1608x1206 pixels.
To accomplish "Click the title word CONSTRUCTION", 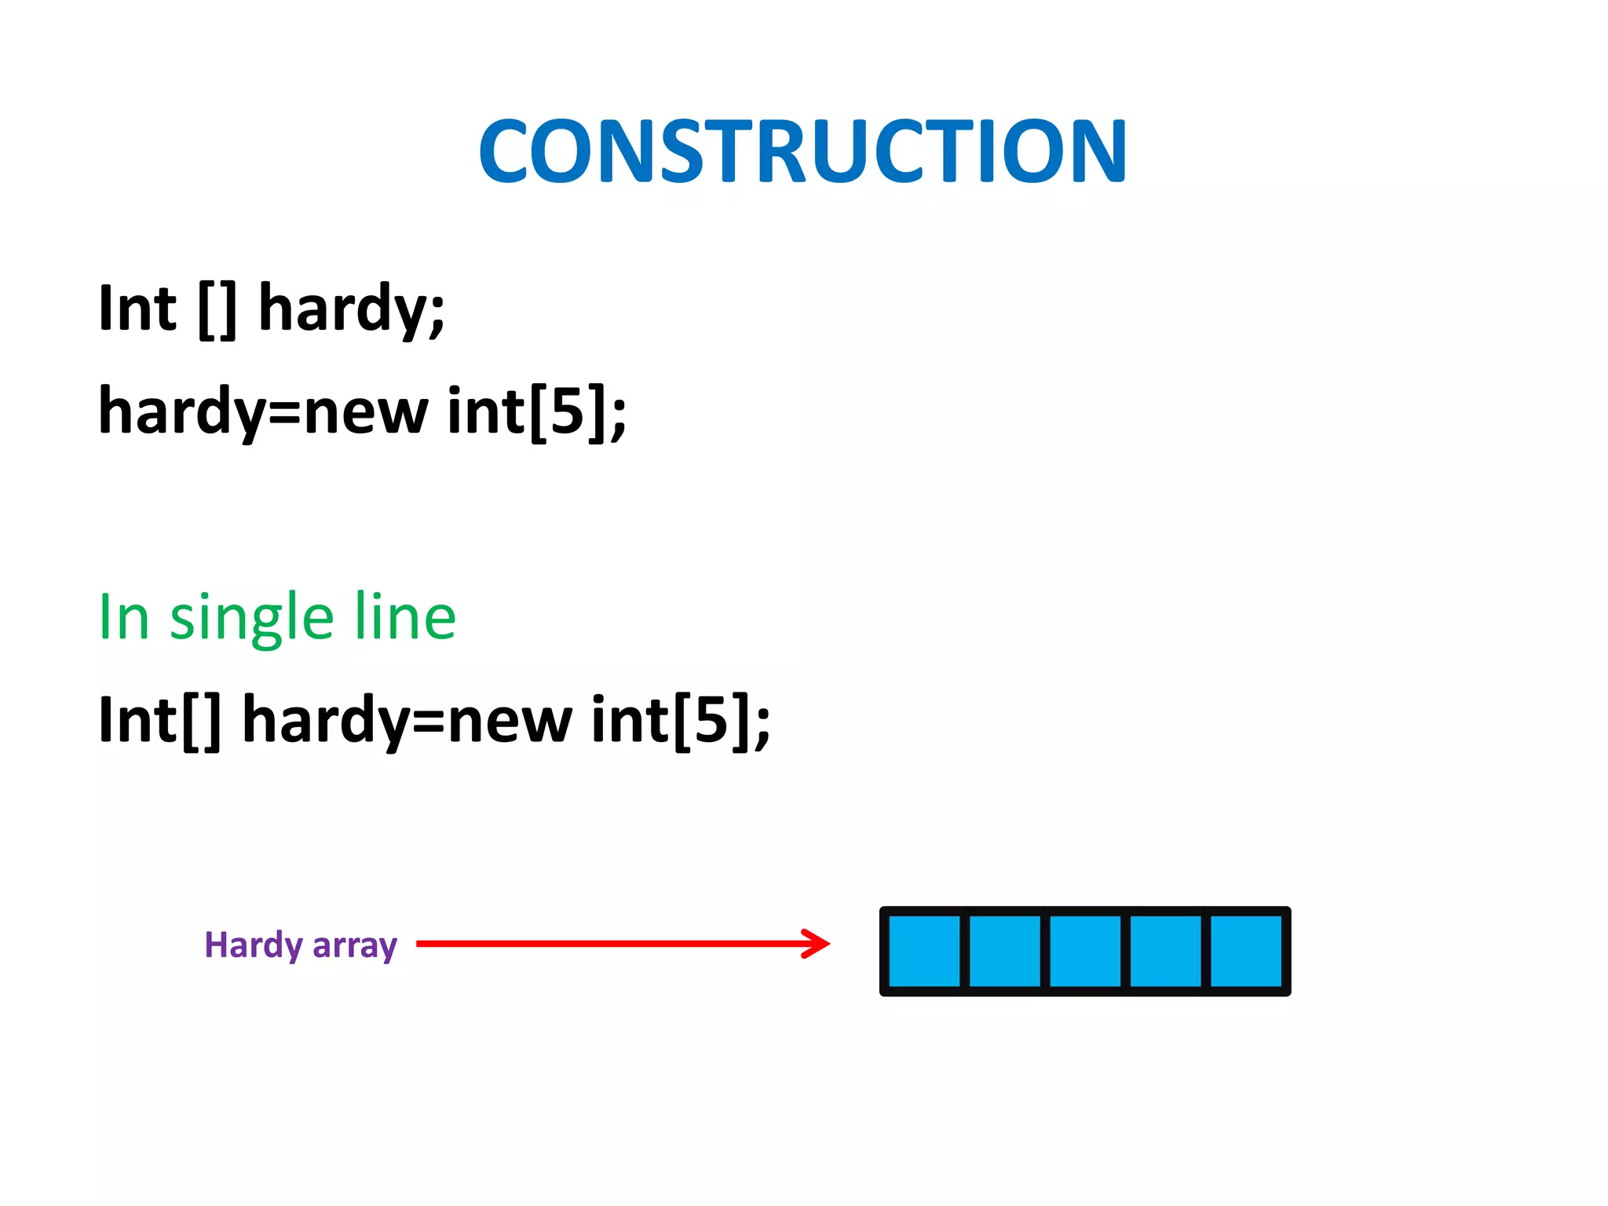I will [802, 152].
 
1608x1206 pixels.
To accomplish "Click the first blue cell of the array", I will [924, 951].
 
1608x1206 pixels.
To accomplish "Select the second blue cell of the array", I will [1005, 951].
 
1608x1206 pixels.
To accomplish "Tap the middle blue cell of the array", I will [1085, 951].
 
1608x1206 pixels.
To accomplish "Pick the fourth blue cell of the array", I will [1166, 951].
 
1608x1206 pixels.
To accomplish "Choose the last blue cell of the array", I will [1246, 951].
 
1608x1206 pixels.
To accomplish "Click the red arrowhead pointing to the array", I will [817, 943].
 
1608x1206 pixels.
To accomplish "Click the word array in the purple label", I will [355, 947].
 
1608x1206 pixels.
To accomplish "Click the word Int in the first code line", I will [137, 309].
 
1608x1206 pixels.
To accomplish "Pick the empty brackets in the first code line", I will [217, 310].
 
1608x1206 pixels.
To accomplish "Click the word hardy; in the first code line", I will [352, 310].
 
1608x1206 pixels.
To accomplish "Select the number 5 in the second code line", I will [568, 411].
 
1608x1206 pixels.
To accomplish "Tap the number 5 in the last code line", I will [711, 720].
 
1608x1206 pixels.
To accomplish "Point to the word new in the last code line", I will [510, 722].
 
